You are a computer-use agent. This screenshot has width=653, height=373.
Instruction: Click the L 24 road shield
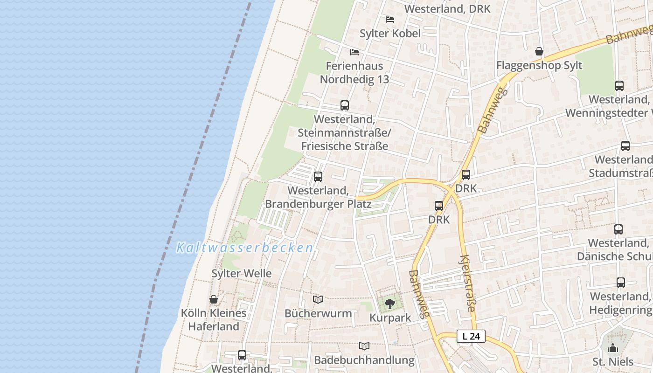point(471,336)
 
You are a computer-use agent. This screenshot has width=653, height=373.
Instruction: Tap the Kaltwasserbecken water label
point(244,248)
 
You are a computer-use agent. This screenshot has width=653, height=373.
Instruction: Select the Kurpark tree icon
point(390,304)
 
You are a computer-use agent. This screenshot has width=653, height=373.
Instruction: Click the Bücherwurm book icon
point(318,299)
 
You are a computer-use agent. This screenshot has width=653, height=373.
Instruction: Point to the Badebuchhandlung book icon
point(364,346)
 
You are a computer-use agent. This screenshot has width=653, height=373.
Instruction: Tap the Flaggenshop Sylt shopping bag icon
point(539,51)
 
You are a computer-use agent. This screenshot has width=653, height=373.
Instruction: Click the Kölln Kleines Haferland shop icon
point(214,299)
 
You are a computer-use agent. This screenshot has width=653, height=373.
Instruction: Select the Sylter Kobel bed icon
point(390,20)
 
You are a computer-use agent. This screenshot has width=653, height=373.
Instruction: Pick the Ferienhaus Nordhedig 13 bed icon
point(354,52)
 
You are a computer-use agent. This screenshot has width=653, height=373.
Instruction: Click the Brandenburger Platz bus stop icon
point(318,177)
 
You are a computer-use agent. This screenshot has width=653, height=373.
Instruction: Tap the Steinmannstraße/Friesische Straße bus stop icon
point(345,105)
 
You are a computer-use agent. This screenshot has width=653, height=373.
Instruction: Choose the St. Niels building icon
point(613,348)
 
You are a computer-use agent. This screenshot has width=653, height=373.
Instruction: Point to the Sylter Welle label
point(242,274)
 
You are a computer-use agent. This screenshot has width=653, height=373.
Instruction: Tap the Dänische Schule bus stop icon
point(618,229)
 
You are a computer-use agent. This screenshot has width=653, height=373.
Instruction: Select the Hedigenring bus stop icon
point(620,283)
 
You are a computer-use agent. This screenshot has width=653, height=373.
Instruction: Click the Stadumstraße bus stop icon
point(625,146)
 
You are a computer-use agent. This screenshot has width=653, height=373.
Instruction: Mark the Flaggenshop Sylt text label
point(539,65)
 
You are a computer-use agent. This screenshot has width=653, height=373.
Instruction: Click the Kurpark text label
point(390,318)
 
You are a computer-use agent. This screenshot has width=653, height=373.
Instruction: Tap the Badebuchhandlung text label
point(364,360)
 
